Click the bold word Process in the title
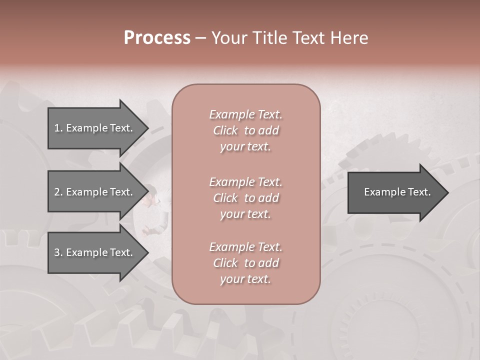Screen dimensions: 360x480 (x=157, y=38)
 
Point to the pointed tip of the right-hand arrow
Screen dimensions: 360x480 (x=447, y=192)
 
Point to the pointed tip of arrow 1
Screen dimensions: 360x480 (x=147, y=128)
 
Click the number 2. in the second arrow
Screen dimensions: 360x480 (x=58, y=192)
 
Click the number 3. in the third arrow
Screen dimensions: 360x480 (x=58, y=252)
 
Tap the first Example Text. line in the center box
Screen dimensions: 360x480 (x=245, y=114)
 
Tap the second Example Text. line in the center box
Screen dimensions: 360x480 (x=245, y=181)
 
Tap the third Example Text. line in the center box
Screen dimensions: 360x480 (x=245, y=247)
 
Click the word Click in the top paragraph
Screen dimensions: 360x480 (x=225, y=130)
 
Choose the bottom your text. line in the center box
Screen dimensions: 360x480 (x=245, y=279)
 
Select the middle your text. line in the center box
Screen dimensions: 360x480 (x=245, y=214)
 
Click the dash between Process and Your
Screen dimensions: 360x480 (x=201, y=38)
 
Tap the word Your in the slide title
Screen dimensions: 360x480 (x=228, y=38)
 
